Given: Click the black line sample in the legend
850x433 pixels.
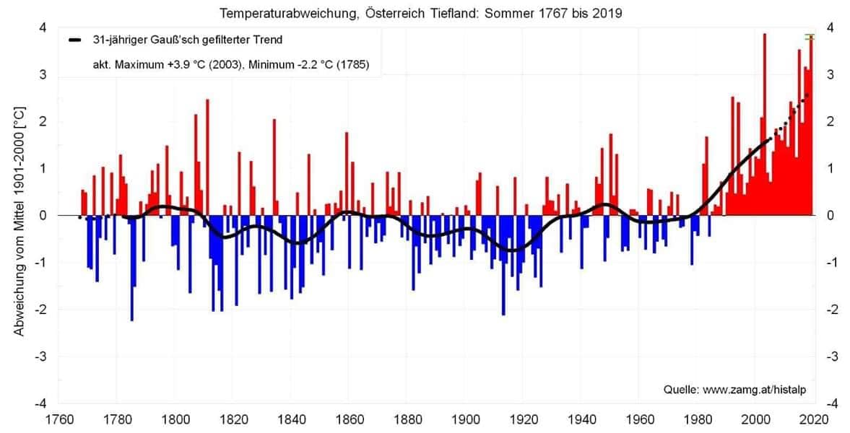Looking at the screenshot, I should click(75, 40).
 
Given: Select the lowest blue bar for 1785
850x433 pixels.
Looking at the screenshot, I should click(131, 267).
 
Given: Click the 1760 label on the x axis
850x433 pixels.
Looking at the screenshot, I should click(58, 418).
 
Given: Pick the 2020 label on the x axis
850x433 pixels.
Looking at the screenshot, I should click(815, 418).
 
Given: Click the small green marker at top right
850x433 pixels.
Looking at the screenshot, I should click(810, 37).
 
